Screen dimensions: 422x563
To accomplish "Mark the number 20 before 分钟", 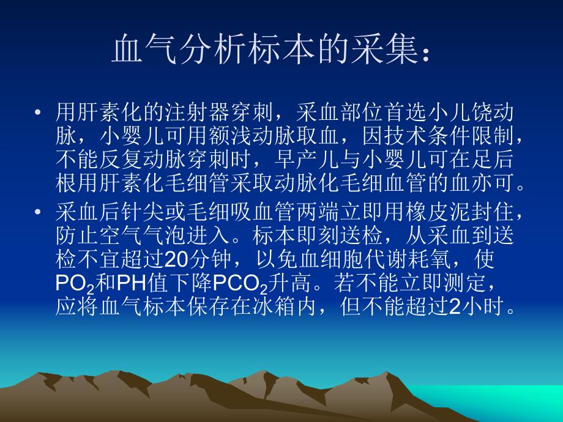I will (x=176, y=260).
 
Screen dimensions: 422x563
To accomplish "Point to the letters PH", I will (x=130, y=283).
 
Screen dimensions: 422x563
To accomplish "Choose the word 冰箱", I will (x=294, y=306).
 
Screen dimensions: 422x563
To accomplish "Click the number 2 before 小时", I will (x=454, y=306).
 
